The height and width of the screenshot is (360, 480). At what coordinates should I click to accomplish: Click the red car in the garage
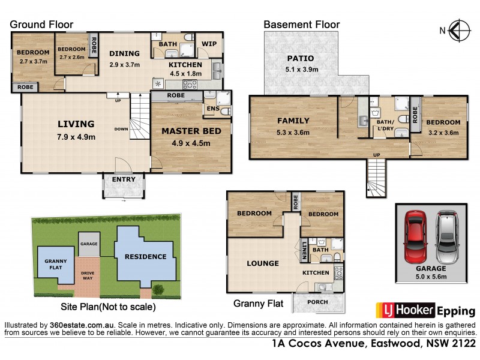[x=415, y=232]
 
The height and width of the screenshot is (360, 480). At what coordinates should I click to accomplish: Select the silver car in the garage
[x=447, y=232]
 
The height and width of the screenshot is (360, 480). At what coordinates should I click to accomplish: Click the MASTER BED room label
[x=191, y=131]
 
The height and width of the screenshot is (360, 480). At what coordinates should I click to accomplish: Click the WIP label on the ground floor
[x=209, y=44]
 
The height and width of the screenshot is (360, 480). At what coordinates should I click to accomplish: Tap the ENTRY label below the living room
[x=124, y=179]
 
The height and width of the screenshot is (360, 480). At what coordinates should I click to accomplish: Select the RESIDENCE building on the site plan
[x=145, y=257]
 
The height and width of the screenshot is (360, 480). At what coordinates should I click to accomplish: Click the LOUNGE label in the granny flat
[x=262, y=263]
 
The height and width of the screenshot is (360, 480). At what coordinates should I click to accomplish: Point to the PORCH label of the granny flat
[x=318, y=302]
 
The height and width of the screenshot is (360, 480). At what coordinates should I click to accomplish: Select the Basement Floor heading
[x=302, y=25]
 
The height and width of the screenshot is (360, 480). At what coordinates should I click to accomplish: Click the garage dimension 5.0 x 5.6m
[x=431, y=277]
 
